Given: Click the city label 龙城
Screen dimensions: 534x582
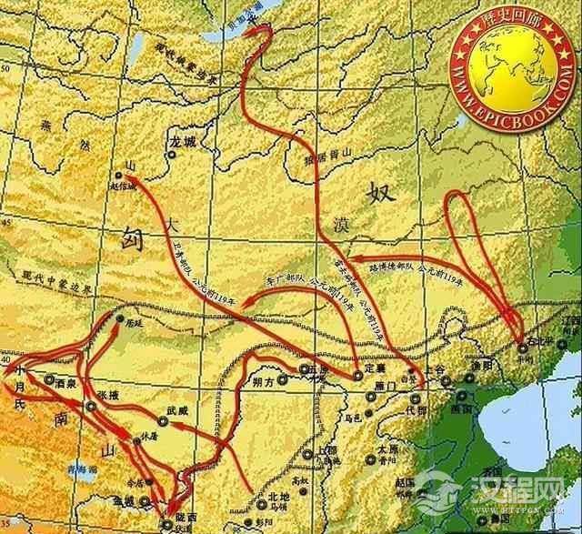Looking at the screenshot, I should click(x=182, y=143).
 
